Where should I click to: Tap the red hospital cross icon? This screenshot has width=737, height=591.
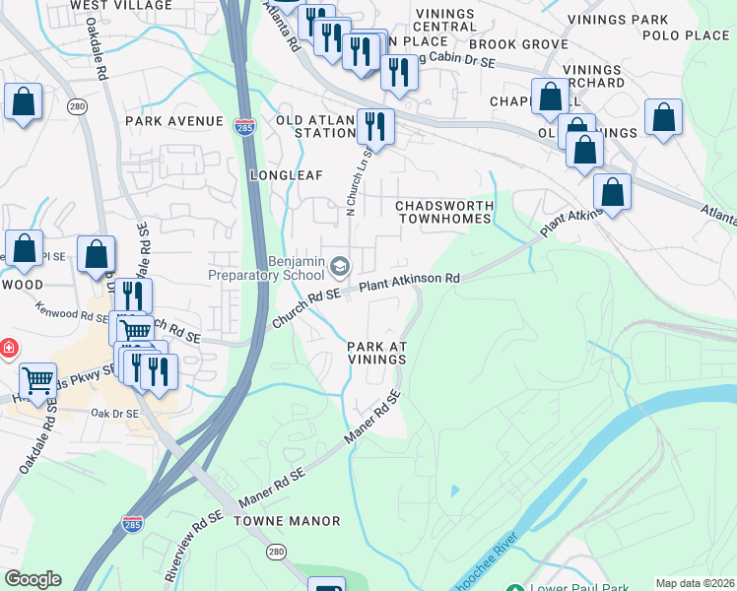8,349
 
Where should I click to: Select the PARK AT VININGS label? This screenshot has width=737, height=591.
376,353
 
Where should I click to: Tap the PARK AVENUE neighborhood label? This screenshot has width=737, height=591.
174,121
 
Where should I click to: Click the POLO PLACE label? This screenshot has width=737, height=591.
686,35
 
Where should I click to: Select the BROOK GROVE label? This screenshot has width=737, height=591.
518,44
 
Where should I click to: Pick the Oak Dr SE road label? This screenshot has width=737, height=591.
112,414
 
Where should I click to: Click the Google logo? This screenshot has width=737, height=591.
33,579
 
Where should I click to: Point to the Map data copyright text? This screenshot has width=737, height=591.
695,583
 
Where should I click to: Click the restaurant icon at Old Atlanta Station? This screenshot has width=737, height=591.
375,125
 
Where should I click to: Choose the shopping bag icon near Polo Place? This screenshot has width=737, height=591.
664,116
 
